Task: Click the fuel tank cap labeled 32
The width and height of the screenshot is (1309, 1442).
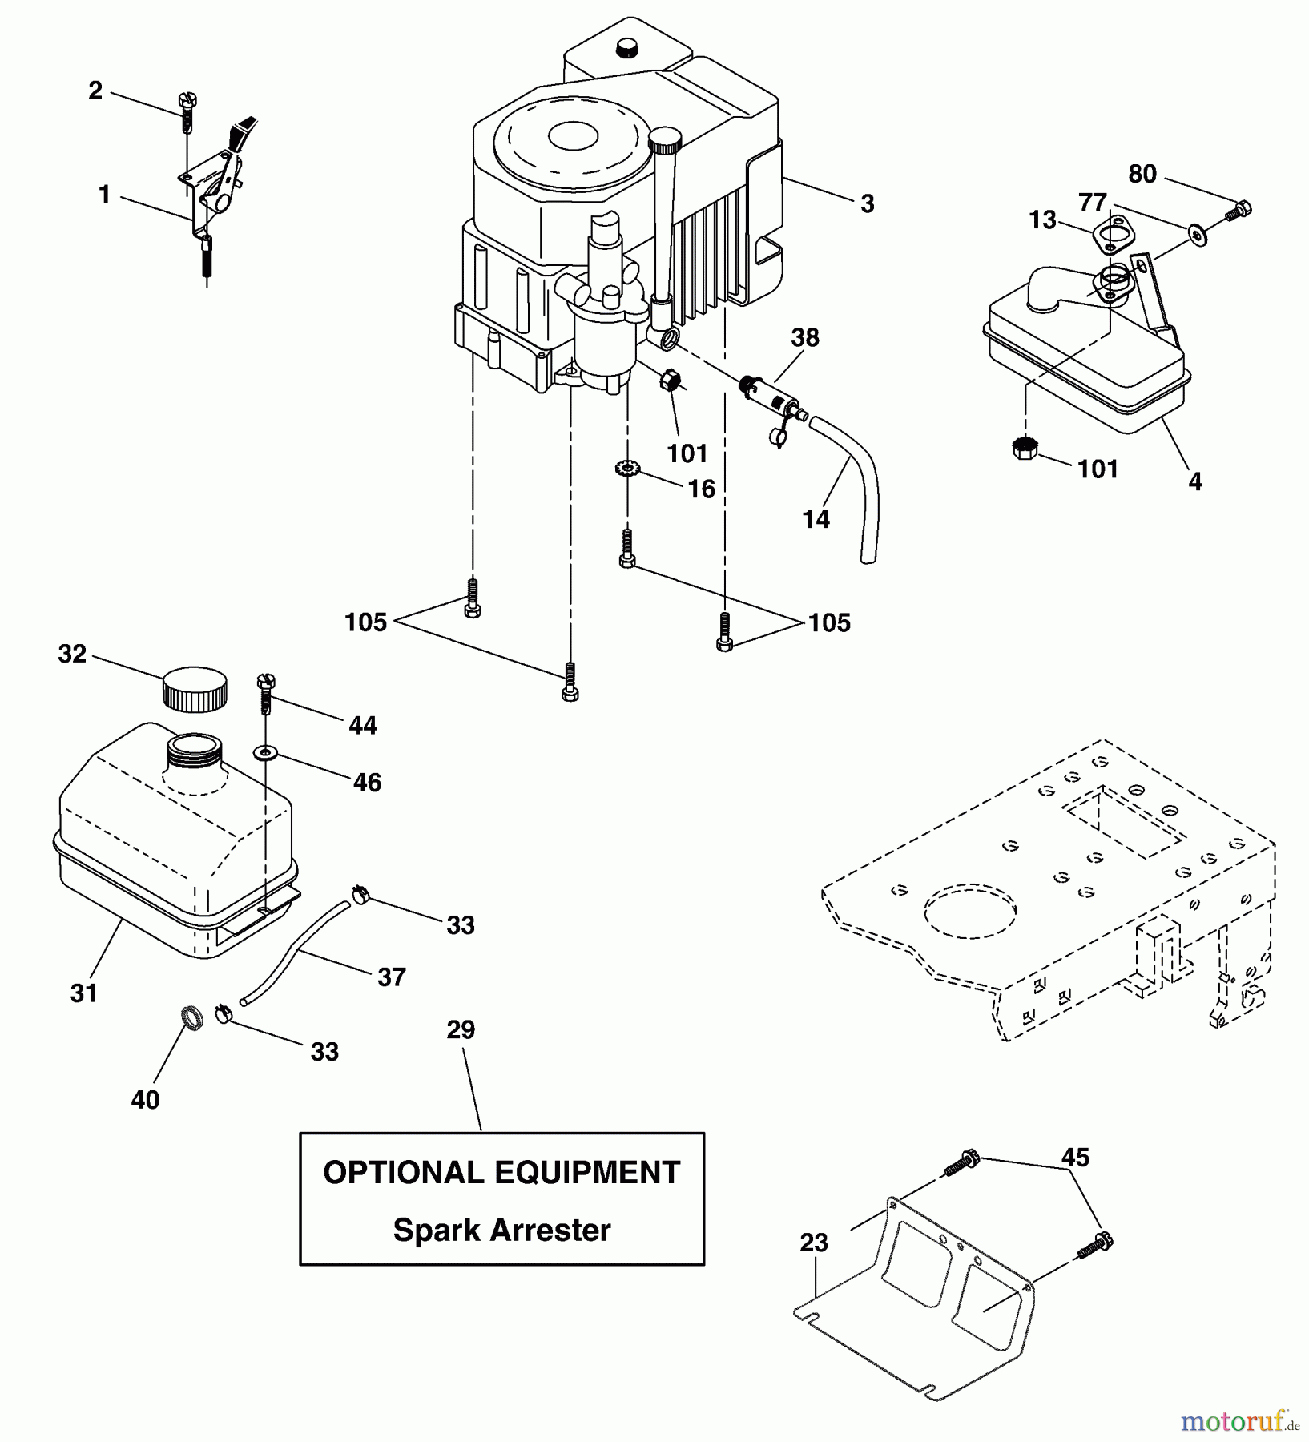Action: (194, 688)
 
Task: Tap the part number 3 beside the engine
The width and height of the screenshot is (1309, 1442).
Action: (867, 204)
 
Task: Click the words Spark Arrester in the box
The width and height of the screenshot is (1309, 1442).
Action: (501, 1230)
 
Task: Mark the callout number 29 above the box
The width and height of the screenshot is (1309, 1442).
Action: (461, 1030)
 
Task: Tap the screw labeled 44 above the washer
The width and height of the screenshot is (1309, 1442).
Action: (265, 692)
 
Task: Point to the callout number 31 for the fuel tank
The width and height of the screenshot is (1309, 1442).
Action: (83, 993)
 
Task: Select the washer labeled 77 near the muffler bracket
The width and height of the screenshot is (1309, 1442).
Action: (1198, 236)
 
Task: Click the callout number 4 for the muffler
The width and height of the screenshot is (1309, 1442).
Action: (1194, 482)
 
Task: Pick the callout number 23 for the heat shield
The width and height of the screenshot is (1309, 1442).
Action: (813, 1243)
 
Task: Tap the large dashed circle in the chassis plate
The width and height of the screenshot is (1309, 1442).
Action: (970, 912)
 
